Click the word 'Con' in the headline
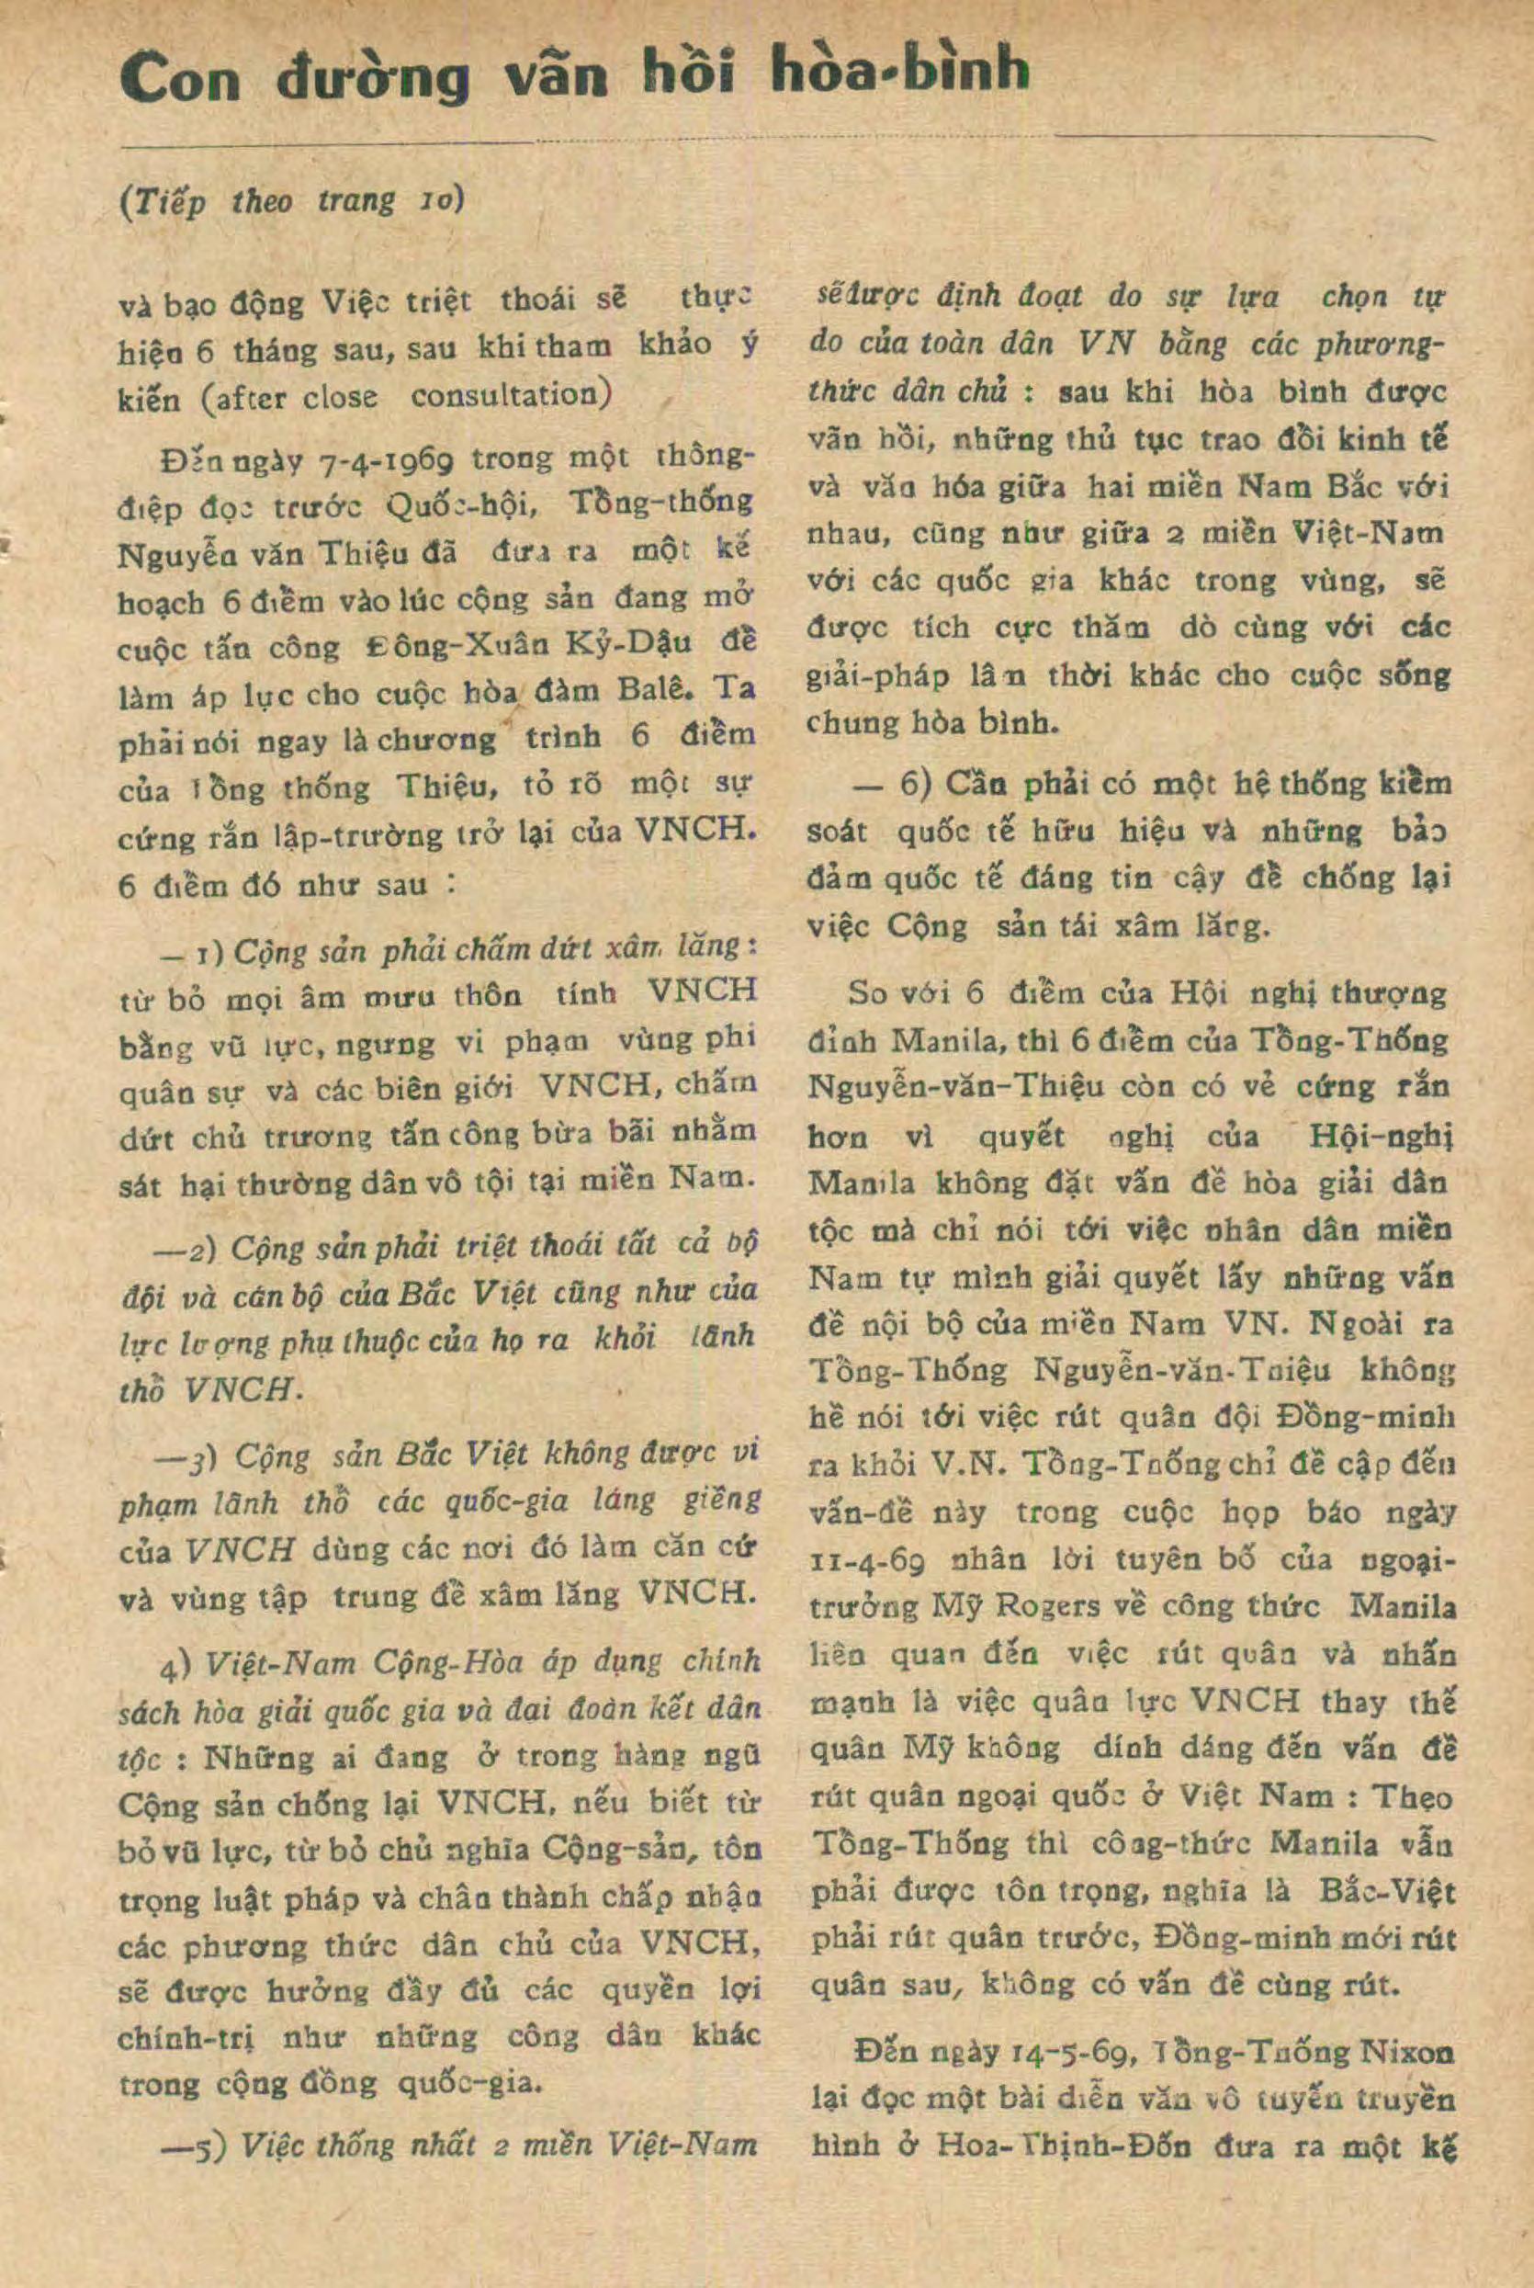[180, 78]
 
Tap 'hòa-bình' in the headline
[900, 74]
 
